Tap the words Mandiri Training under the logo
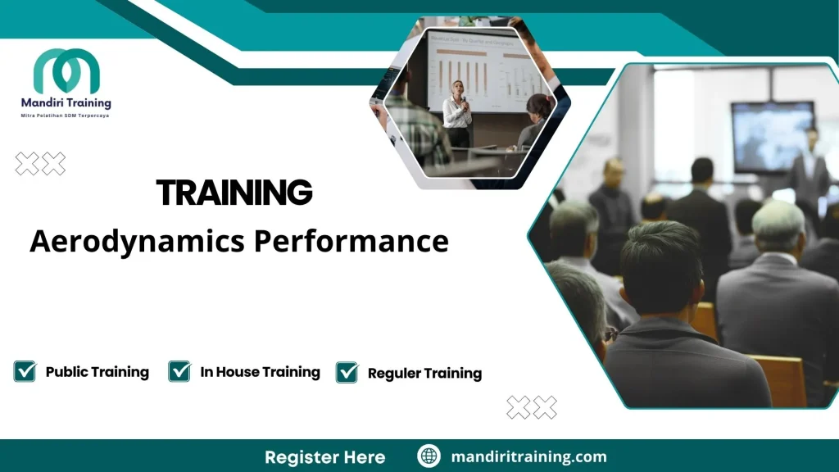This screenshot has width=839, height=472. [66, 103]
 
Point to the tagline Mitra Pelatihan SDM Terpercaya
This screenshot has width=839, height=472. [66, 116]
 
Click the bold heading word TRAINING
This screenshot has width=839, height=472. [234, 193]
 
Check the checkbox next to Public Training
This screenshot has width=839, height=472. [25, 371]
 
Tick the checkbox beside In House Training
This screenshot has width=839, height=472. [179, 371]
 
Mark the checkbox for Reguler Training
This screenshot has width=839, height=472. [347, 373]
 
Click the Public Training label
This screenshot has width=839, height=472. [97, 372]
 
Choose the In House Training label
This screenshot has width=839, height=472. [260, 372]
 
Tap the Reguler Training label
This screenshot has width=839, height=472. [424, 374]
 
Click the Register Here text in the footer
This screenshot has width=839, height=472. [324, 456]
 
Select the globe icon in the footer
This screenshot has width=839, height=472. [429, 456]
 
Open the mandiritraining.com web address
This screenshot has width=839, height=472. [528, 456]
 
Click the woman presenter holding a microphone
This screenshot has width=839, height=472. [457, 115]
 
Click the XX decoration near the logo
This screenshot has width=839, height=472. [40, 165]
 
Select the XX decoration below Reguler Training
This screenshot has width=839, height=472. [532, 407]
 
